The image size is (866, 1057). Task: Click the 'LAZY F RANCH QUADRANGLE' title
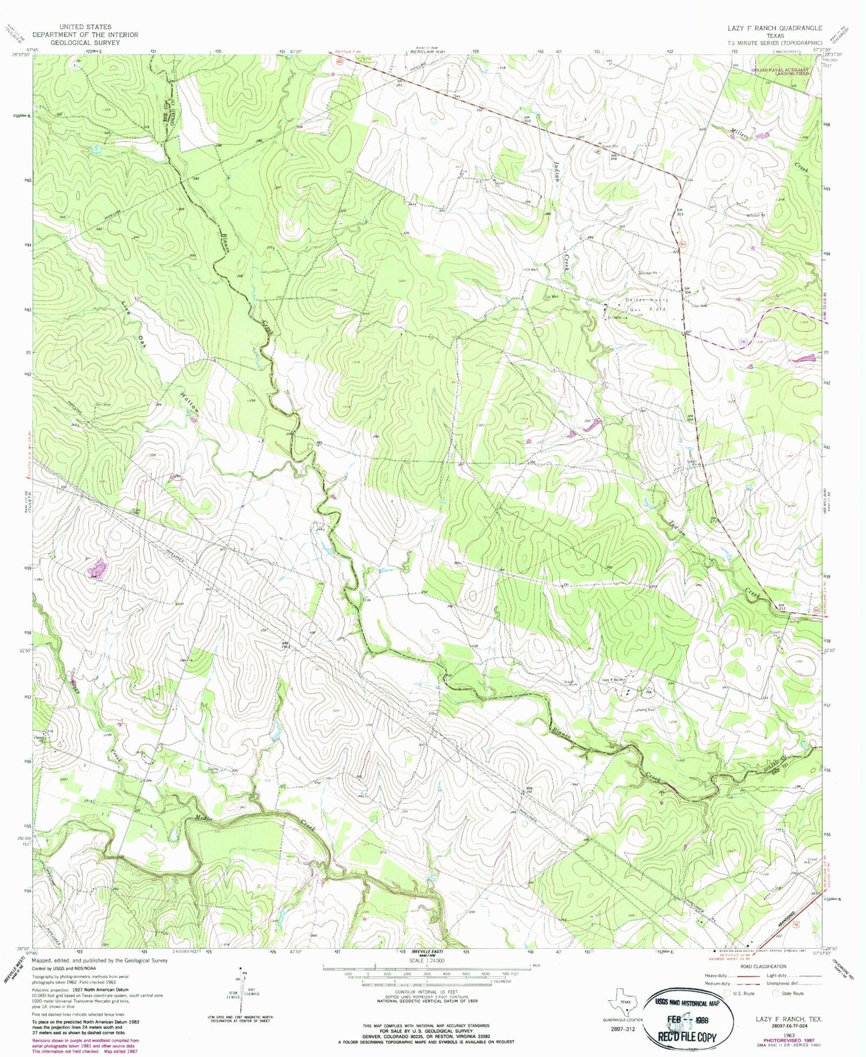(774, 28)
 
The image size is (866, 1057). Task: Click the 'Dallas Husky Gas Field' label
(647, 304)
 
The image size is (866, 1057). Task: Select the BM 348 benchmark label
(613, 157)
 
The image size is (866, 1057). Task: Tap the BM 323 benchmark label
(680, 212)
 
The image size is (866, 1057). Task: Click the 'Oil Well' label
(531, 270)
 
